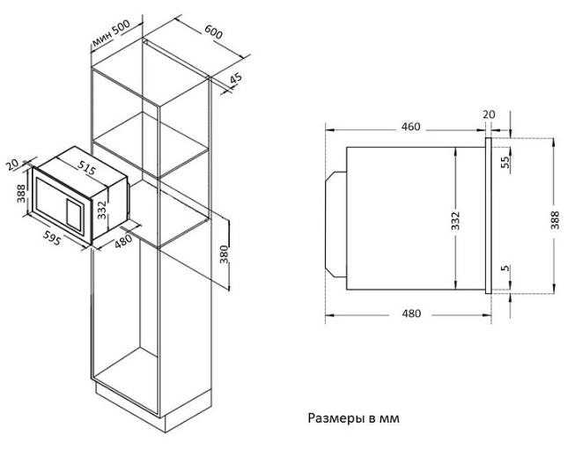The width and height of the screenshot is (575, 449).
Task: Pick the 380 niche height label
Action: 225,256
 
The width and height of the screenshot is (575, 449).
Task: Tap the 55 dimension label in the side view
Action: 505,162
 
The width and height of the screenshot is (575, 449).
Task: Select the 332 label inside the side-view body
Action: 455,219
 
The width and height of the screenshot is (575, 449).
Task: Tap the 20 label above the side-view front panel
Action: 490,114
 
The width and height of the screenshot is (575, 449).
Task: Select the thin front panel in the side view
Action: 488,216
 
